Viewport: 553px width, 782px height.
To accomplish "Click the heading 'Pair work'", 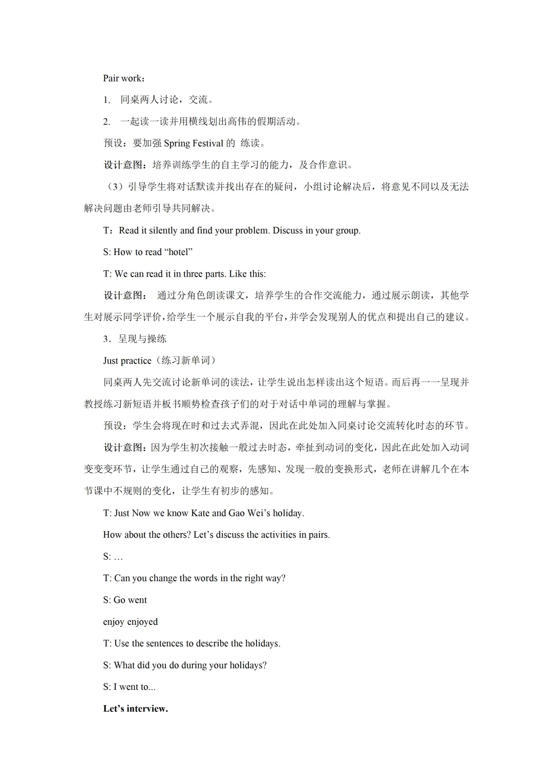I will (x=123, y=78).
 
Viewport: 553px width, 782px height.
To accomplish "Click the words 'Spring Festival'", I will (x=194, y=143).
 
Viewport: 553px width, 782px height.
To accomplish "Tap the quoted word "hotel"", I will (x=178, y=252).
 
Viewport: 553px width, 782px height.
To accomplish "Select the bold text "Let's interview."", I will (x=136, y=709).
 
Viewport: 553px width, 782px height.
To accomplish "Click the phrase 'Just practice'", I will (x=127, y=361).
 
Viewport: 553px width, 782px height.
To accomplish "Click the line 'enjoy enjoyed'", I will (x=131, y=622).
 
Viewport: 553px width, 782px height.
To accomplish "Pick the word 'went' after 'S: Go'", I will (x=137, y=600).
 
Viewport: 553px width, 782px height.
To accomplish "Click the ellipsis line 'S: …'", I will (x=113, y=557).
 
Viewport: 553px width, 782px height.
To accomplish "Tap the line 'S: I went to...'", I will (x=130, y=687).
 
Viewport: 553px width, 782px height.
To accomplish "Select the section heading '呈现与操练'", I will (x=142, y=339).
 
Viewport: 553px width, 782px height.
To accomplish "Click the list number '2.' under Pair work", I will (x=107, y=122).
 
